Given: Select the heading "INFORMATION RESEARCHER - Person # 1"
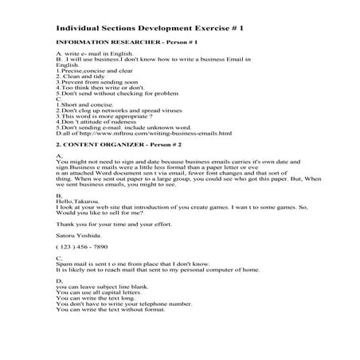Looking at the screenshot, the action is pos(115,41).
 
